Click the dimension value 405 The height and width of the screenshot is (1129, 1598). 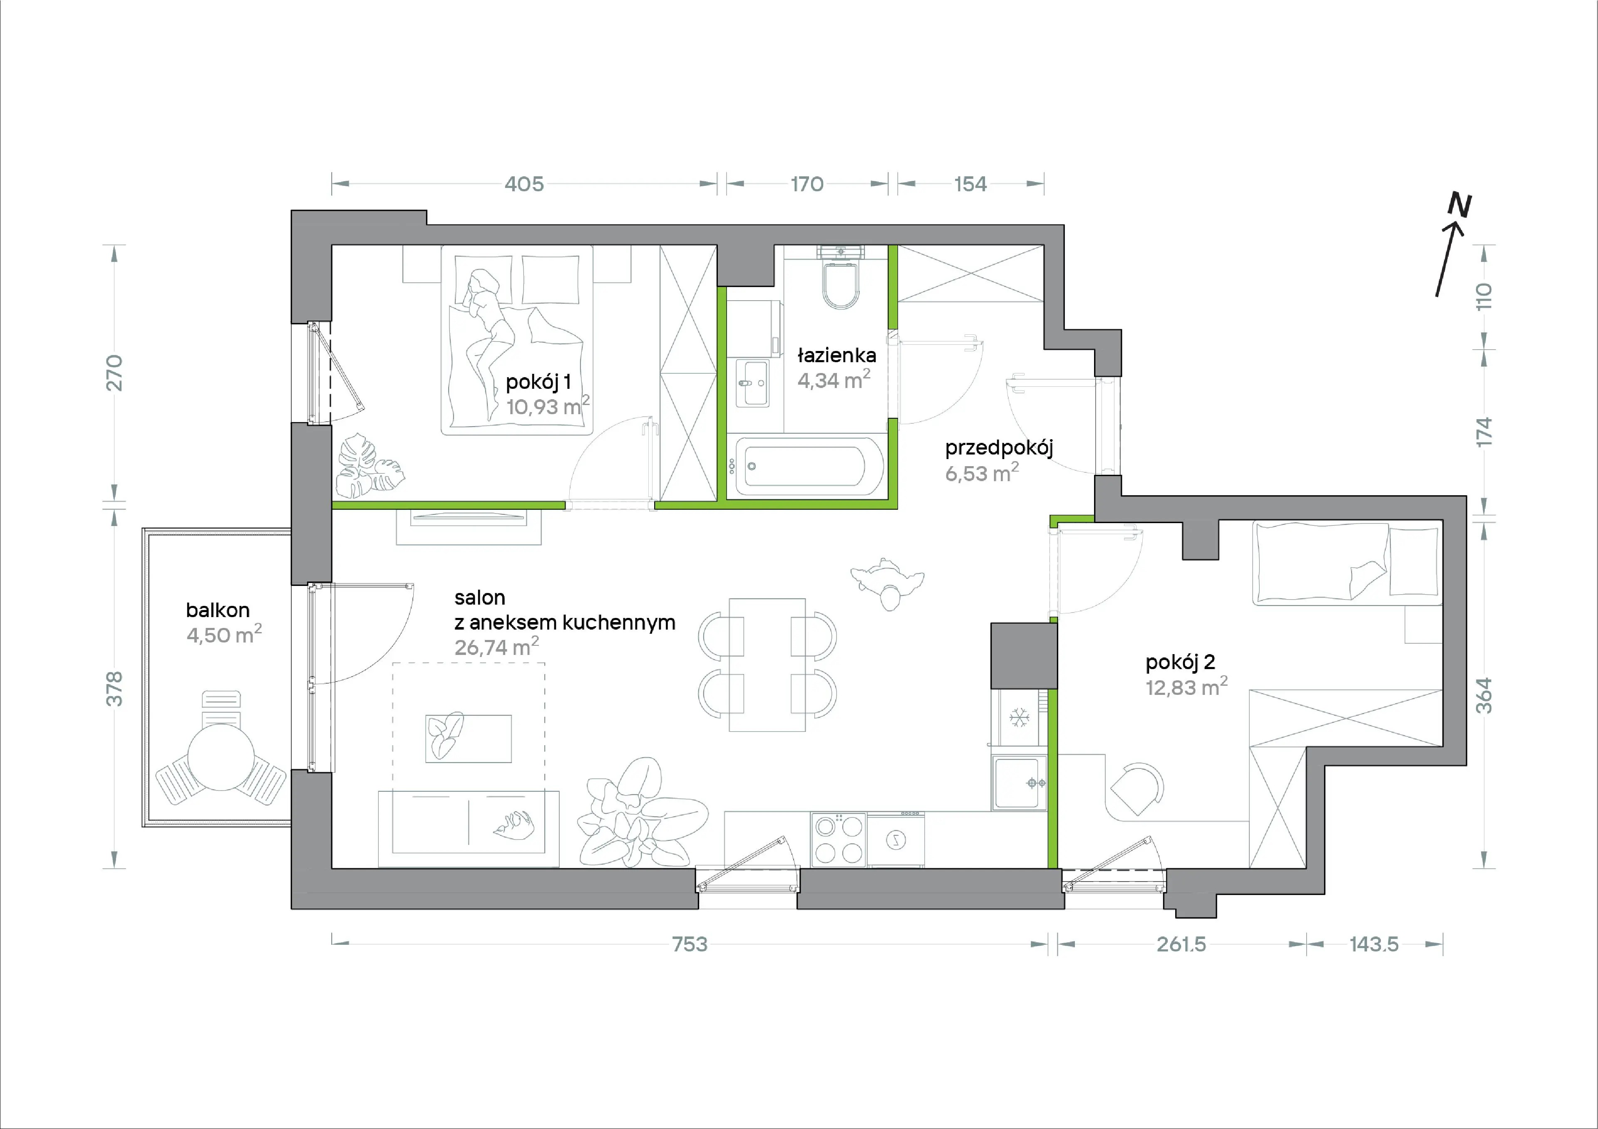pyautogui.click(x=524, y=184)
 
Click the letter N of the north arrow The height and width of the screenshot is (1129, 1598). pyautogui.click(x=1459, y=205)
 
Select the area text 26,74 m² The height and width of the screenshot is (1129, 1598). pyautogui.click(x=496, y=647)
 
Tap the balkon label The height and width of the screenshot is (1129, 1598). pyautogui.click(x=218, y=610)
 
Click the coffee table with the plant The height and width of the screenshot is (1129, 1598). pyautogui.click(x=469, y=738)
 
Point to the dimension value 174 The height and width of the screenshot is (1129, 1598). pyautogui.click(x=1484, y=431)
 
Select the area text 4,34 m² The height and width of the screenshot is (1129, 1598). pyautogui.click(x=833, y=380)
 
